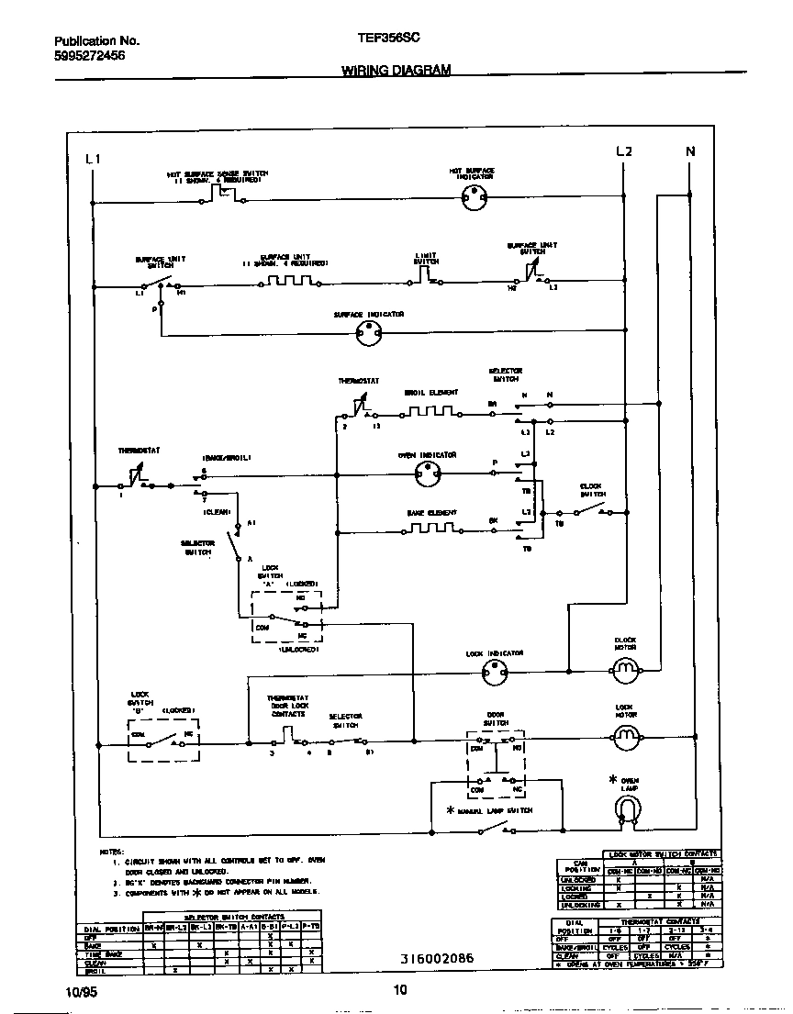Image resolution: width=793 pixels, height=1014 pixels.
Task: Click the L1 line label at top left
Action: (92, 159)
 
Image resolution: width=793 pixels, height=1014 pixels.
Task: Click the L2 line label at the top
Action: (623, 151)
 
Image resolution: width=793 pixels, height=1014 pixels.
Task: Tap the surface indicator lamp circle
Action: (368, 336)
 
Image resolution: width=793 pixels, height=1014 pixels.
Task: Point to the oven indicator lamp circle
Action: (426, 474)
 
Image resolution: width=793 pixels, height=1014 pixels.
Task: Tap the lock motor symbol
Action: (624, 735)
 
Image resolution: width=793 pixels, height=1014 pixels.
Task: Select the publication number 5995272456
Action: (89, 56)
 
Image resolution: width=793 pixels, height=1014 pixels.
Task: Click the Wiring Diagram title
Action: (396, 70)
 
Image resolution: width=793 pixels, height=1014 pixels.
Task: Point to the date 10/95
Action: (80, 991)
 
